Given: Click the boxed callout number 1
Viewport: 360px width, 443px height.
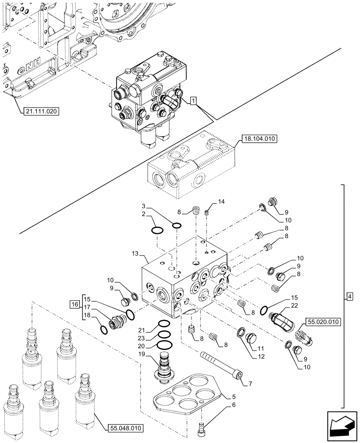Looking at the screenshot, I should click(193, 101).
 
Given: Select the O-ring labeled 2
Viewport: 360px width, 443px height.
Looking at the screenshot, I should click(157, 229).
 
